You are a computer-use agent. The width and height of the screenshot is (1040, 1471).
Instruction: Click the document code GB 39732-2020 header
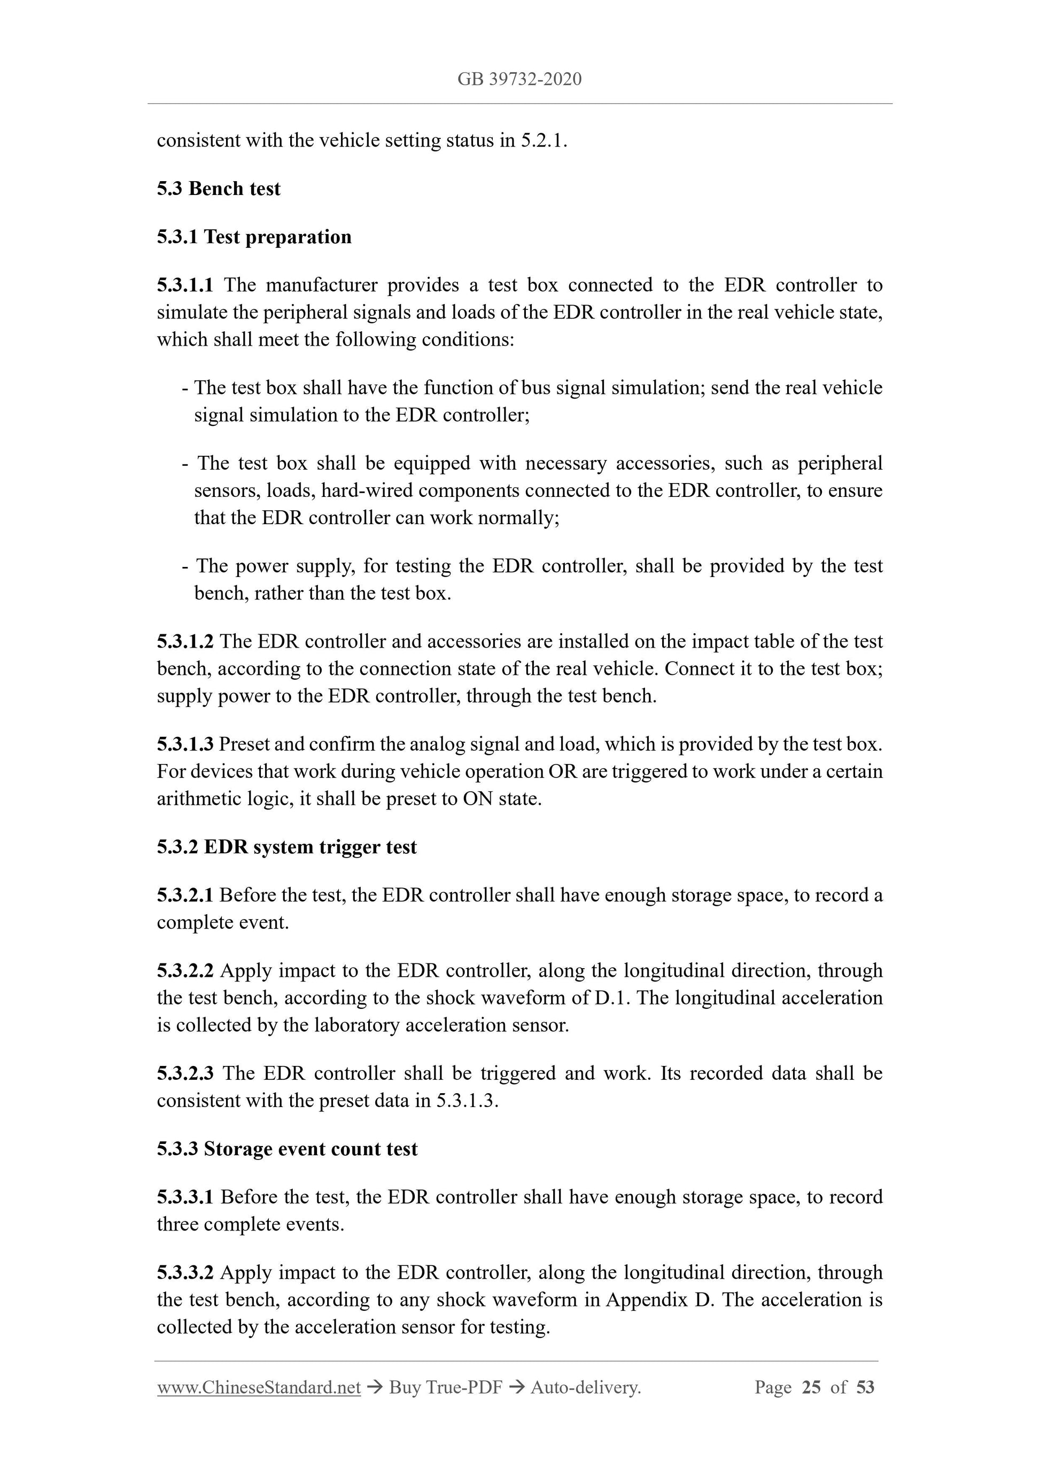point(519,80)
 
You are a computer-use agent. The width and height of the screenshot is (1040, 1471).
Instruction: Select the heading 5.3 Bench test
point(219,189)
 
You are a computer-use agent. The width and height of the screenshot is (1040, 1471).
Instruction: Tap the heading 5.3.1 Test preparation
point(254,237)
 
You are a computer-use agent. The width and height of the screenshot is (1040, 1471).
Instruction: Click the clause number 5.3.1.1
point(185,285)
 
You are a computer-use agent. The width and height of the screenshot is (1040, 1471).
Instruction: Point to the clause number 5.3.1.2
point(185,641)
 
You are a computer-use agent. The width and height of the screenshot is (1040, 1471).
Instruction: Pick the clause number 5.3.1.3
point(185,744)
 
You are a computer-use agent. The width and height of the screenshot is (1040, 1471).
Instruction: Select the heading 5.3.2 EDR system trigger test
point(286,847)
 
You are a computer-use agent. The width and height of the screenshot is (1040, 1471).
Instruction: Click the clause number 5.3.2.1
point(185,895)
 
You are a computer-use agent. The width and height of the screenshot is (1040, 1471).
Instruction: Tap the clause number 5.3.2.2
point(185,971)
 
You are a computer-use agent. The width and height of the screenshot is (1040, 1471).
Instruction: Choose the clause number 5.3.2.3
point(185,1073)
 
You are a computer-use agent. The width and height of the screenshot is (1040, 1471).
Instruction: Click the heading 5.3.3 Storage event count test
point(287,1149)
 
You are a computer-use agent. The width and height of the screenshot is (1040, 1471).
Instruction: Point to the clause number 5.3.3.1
point(185,1197)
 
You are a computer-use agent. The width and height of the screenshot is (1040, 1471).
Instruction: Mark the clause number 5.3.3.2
point(185,1272)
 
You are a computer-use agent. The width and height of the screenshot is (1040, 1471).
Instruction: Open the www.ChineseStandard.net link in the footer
point(259,1387)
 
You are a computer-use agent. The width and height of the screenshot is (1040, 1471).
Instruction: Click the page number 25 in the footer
point(811,1387)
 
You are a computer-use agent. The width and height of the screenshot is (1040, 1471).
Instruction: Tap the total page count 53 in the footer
point(865,1387)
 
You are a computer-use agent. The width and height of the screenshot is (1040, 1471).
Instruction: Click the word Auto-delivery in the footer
point(586,1387)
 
